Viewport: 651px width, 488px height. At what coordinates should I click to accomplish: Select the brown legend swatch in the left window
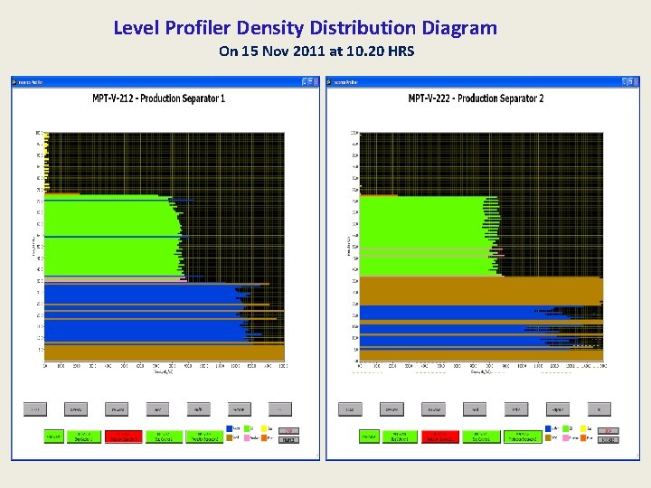(230, 438)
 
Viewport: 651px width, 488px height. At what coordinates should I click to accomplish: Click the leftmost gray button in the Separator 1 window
(35, 409)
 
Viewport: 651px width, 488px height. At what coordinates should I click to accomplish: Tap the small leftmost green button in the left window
(54, 436)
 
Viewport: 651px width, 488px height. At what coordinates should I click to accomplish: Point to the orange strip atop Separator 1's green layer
(63, 194)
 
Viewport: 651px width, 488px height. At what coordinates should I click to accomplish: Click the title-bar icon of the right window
(330, 81)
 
